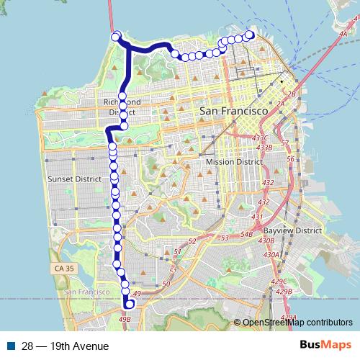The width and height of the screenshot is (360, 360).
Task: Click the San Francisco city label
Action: (x=233, y=112)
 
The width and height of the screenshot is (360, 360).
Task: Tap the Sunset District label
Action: (x=71, y=179)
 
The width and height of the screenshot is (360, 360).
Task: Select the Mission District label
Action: (x=234, y=162)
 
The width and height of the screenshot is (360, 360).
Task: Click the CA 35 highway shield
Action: (x=63, y=269)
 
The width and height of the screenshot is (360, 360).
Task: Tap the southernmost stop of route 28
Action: (x=130, y=304)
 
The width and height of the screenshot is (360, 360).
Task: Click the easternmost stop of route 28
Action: (x=251, y=35)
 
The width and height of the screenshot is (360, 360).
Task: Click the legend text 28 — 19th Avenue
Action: (x=64, y=346)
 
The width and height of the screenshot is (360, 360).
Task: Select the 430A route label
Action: (x=271, y=254)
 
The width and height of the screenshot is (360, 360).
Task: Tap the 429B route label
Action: (x=284, y=291)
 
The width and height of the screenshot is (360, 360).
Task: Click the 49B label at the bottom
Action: (x=125, y=318)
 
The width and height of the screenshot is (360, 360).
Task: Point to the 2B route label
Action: (x=292, y=94)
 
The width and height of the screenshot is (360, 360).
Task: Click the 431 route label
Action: (x=256, y=217)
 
